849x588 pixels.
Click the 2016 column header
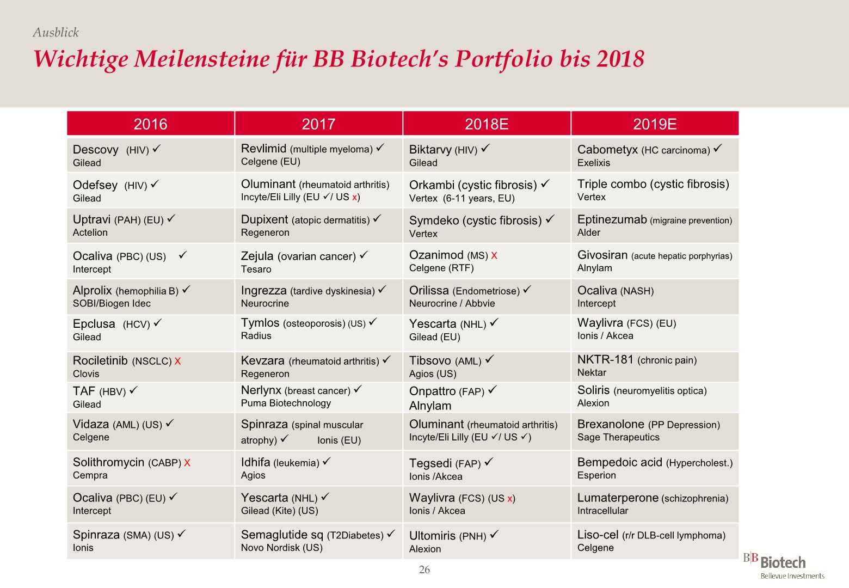click(x=150, y=124)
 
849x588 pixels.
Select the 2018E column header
click(x=487, y=124)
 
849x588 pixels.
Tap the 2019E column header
click(x=655, y=124)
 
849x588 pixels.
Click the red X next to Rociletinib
click(x=177, y=361)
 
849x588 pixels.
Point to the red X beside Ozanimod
click(x=494, y=255)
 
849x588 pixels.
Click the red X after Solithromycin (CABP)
click(x=187, y=463)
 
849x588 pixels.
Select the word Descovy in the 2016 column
click(x=96, y=150)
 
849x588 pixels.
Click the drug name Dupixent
click(x=264, y=219)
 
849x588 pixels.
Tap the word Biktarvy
click(x=430, y=150)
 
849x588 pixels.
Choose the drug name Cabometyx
click(x=607, y=150)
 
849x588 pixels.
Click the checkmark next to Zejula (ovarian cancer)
click(x=364, y=255)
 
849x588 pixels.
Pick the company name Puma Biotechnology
click(x=286, y=403)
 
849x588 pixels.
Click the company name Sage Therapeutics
click(x=618, y=437)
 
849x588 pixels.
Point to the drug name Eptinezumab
click(x=612, y=219)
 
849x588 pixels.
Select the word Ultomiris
click(x=433, y=535)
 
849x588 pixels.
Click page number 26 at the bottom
click(x=424, y=569)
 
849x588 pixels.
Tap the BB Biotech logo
click(x=783, y=566)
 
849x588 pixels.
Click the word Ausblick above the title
click(x=56, y=33)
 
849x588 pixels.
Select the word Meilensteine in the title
click(x=219, y=59)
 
